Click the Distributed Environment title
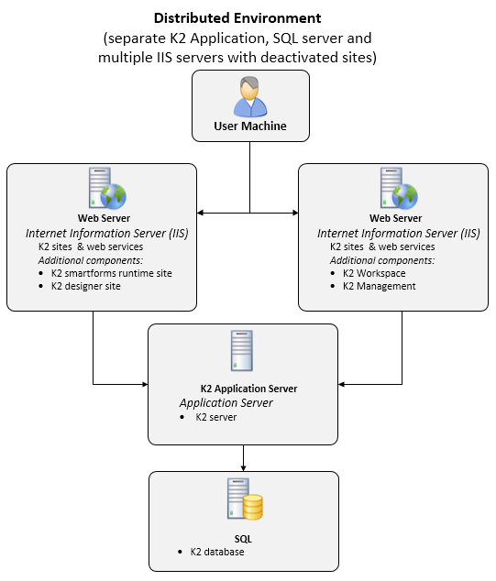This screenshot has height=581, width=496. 237,18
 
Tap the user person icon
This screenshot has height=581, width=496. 250,97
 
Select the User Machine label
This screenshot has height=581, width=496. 250,126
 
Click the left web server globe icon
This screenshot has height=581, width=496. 113,196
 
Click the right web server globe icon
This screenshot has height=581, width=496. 405,196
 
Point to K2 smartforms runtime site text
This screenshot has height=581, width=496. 112,273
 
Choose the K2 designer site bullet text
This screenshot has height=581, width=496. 86,286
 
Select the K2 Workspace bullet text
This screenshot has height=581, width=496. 374,273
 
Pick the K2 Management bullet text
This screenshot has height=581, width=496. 380,286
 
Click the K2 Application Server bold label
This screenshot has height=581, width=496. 248,389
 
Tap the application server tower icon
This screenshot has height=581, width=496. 242,351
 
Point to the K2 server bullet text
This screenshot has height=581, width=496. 216,417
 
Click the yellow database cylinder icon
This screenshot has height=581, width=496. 253,507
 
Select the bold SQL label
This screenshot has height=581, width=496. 243,539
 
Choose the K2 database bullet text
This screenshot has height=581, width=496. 217,552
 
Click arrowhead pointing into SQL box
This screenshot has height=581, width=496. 243,468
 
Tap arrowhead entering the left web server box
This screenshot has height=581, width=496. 200,213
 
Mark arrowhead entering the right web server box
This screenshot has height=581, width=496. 295,213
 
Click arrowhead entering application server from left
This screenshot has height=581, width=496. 145,384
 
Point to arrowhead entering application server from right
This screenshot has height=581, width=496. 341,384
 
